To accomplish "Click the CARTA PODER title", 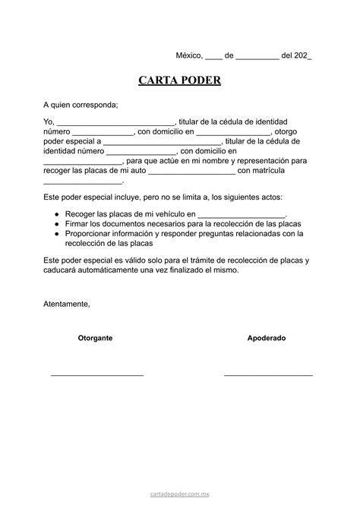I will [x=179, y=80].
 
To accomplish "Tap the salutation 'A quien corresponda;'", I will [x=81, y=104].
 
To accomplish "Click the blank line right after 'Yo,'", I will [x=116, y=124].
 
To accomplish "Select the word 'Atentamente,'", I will [x=66, y=304].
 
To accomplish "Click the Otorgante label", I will [x=96, y=338].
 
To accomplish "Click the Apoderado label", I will [x=267, y=338].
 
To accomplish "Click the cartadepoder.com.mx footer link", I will [x=179, y=493].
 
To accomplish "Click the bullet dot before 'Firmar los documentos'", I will [x=57, y=225].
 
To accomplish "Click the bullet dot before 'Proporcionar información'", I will [x=57, y=235].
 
